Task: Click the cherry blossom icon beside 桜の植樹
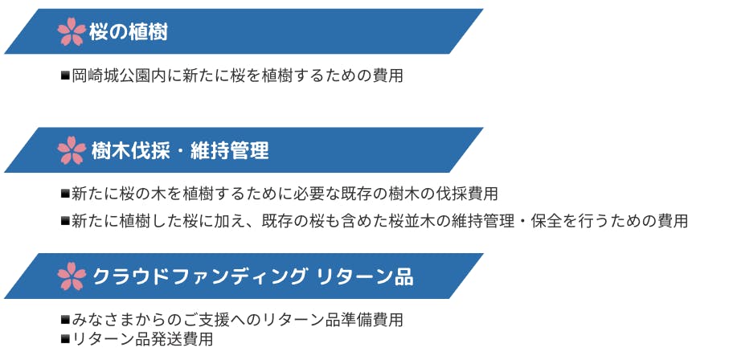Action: (72, 31)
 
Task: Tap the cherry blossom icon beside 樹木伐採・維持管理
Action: (72, 150)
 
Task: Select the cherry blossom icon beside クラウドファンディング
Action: (72, 276)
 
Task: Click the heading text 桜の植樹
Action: (128, 32)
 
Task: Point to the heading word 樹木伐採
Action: (130, 151)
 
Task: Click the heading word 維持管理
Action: (230, 151)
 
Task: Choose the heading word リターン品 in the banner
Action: (365, 276)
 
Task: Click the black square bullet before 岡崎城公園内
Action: (65, 76)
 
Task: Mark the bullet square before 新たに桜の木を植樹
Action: (65, 193)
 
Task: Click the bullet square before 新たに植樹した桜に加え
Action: (65, 221)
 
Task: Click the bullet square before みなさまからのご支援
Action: (65, 320)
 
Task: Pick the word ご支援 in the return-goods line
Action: (206, 320)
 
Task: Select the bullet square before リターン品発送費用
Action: (65, 339)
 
